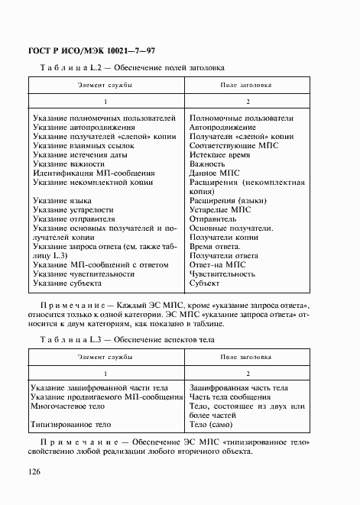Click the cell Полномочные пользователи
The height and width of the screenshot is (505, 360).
pyautogui.click(x=240, y=118)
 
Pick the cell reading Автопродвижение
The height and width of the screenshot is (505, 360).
pyautogui.click(x=222, y=129)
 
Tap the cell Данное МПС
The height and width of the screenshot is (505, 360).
pyautogui.click(x=213, y=174)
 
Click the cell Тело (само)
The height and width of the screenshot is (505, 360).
pyautogui.click(x=213, y=423)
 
